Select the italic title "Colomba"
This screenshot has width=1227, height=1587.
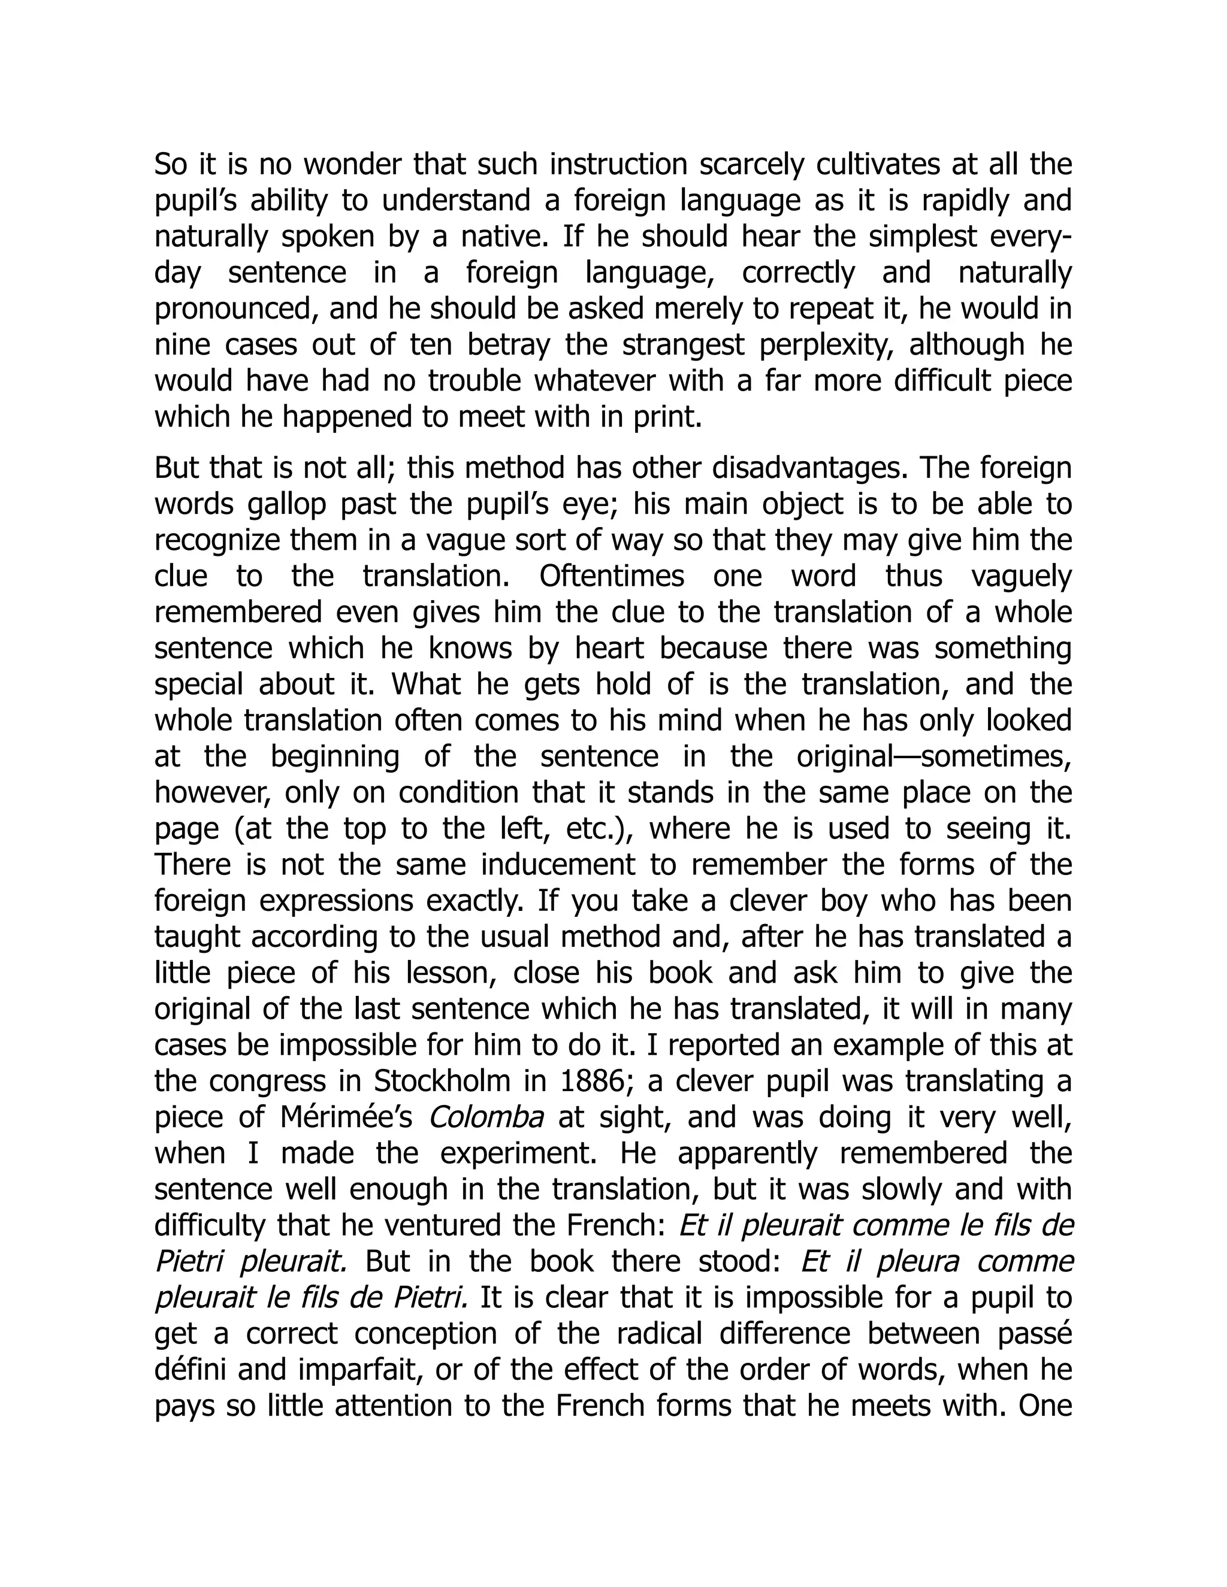[x=485, y=1117]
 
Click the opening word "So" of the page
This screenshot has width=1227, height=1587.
[x=171, y=165]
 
